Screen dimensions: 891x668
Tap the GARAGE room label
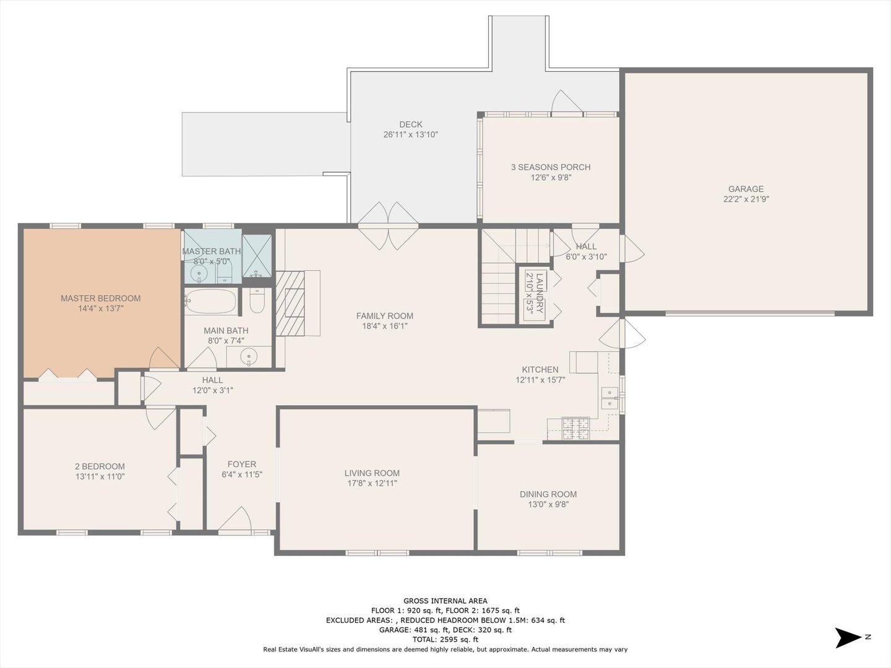tap(746, 189)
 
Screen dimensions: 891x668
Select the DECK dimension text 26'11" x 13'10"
tap(411, 135)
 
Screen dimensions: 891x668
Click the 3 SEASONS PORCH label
tap(551, 167)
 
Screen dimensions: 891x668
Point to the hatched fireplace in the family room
tap(290, 303)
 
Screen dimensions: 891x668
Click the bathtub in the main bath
tap(210, 301)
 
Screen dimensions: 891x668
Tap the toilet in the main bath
tap(257, 301)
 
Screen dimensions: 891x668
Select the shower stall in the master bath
tap(257, 256)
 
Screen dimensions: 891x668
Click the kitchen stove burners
tap(575, 429)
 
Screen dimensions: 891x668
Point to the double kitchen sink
tap(609, 398)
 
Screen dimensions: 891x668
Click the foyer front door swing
tap(236, 519)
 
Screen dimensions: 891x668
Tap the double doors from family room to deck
tap(388, 226)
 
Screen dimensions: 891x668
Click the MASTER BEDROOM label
tap(101, 298)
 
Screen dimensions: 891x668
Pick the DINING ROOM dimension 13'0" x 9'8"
tap(548, 505)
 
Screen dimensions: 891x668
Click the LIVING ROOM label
tap(372, 473)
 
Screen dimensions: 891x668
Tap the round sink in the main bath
tap(248, 357)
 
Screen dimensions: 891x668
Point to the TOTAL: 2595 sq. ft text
tap(445, 640)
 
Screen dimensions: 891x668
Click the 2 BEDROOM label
tap(100, 466)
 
